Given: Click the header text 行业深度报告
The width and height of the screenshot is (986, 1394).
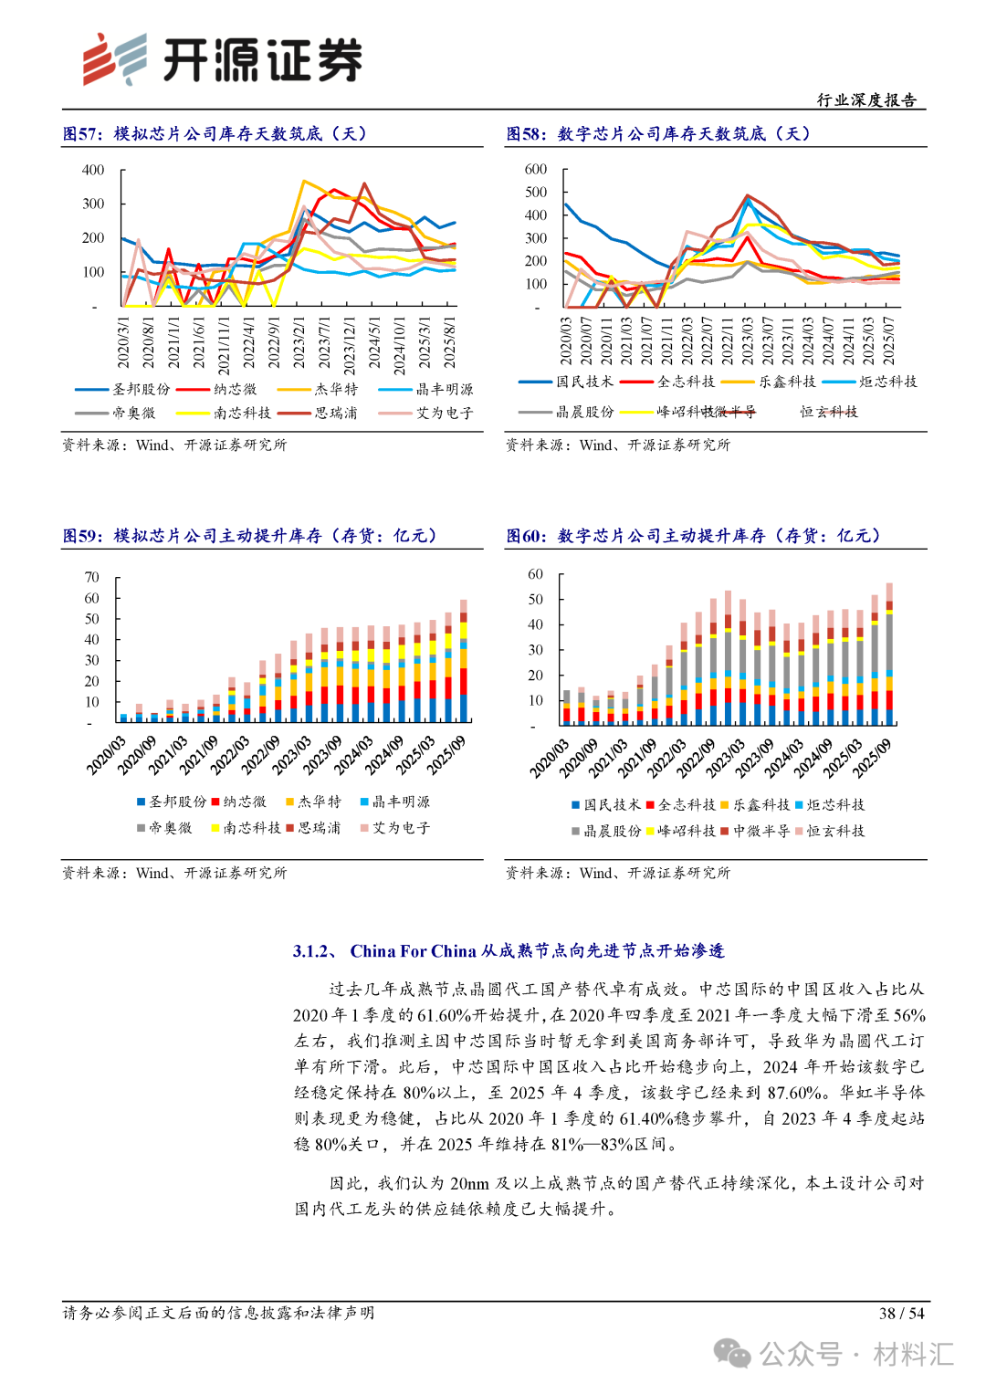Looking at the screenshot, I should [866, 100].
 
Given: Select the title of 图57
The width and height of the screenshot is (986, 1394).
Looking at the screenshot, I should [215, 133].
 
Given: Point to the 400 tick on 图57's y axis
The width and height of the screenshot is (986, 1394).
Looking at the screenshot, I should [93, 170].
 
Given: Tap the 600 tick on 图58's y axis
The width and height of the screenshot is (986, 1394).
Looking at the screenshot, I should [536, 169].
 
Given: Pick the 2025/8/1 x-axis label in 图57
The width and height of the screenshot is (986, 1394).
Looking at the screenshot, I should [449, 343].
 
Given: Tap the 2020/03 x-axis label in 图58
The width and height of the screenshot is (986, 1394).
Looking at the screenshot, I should [566, 341].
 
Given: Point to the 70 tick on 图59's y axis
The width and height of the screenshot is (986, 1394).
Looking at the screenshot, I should [92, 577].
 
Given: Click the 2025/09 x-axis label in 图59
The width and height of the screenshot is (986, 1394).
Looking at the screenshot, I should [446, 756].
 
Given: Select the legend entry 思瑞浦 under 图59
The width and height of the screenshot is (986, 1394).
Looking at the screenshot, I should [319, 828].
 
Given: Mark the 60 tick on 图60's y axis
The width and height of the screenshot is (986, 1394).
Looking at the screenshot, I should [536, 574].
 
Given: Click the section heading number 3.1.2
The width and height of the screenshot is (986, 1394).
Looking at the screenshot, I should [316, 951].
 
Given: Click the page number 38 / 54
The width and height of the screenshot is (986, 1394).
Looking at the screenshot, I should [901, 1313].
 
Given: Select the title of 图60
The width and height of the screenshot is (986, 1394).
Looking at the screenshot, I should [694, 536].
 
